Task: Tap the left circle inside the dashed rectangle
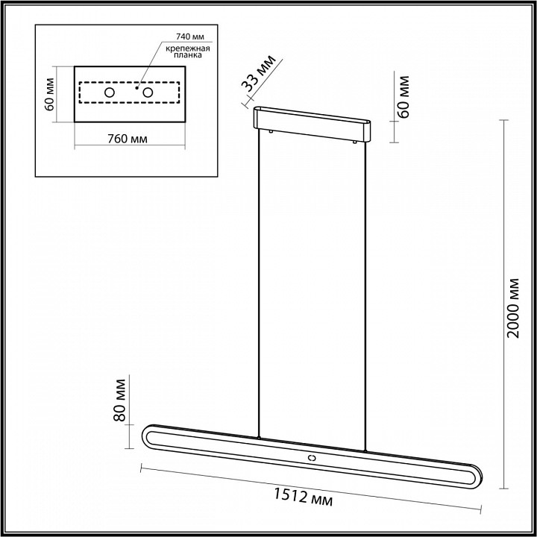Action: (x=110, y=92)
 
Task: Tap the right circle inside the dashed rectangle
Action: (x=148, y=92)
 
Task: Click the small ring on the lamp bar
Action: (x=312, y=456)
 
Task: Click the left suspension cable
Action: (x=257, y=283)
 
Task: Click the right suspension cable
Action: (x=366, y=291)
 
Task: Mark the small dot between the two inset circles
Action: (x=136, y=87)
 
